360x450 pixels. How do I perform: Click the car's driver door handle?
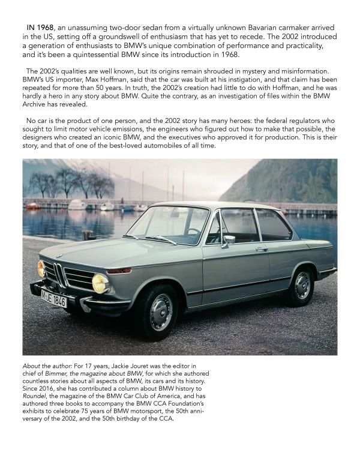pyautogui.click(x=262, y=248)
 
